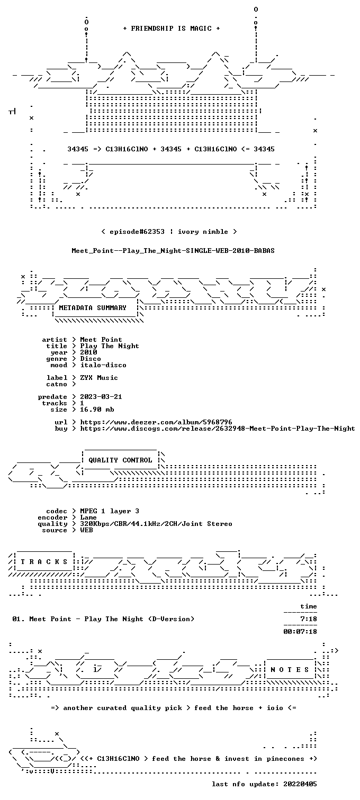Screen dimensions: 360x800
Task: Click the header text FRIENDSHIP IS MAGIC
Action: pyautogui.click(x=171, y=29)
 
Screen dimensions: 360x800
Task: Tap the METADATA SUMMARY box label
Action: pyautogui.click(x=93, y=308)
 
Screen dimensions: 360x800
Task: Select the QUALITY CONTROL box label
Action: pyautogui.click(x=120, y=460)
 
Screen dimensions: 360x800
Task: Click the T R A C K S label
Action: pyautogui.click(x=44, y=562)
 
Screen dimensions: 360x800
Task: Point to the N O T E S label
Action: pyautogui.click(x=290, y=670)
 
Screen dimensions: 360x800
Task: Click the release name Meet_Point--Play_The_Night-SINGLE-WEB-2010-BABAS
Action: pyautogui.click(x=173, y=251)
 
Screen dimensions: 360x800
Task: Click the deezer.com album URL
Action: pyautogui.click(x=156, y=422)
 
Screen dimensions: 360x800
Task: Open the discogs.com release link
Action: pyautogui.click(x=218, y=429)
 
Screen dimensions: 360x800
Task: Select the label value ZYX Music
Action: pyautogui.click(x=99, y=378)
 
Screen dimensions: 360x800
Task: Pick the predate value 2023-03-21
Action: pyautogui.click(x=101, y=397)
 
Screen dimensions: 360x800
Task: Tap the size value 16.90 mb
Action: pyautogui.click(x=97, y=410)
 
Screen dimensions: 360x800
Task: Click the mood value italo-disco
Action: pyautogui.click(x=103, y=365)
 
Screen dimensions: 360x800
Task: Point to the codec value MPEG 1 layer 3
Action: pyautogui.click(x=110, y=511)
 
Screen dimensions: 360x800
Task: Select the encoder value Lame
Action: pyautogui.click(x=88, y=517)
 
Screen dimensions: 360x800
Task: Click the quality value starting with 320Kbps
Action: pyautogui.click(x=156, y=524)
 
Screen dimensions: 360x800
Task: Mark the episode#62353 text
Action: pyautogui.click(x=137, y=232)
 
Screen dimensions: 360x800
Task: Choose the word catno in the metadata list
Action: pyautogui.click(x=57, y=384)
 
